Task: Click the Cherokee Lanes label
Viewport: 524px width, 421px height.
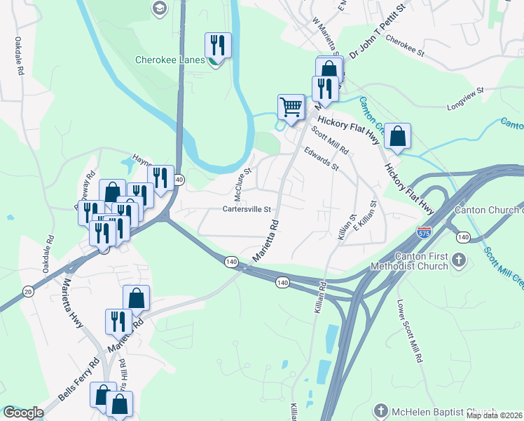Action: (x=170, y=60)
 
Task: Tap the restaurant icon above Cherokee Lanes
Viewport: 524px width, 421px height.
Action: (x=216, y=46)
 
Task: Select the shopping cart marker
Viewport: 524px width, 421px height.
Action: (x=291, y=107)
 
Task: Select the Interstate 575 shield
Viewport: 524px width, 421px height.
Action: (x=424, y=230)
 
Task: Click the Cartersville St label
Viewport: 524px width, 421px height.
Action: (x=246, y=209)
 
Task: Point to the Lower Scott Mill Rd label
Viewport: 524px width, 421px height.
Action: (x=410, y=331)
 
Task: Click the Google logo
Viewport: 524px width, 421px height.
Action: (x=23, y=413)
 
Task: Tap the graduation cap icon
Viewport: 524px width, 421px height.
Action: (x=159, y=8)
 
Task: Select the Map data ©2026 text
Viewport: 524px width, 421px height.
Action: (x=495, y=415)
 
